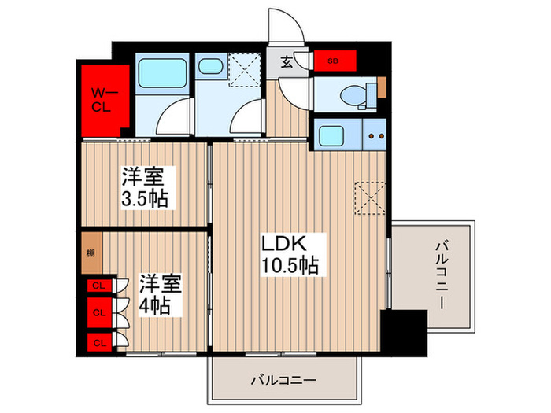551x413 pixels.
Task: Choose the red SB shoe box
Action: pyautogui.click(x=335, y=60)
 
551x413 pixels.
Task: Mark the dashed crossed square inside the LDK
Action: pyautogui.click(x=368, y=197)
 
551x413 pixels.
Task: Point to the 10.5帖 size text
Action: pyautogui.click(x=290, y=266)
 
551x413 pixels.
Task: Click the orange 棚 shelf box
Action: pyautogui.click(x=90, y=253)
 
